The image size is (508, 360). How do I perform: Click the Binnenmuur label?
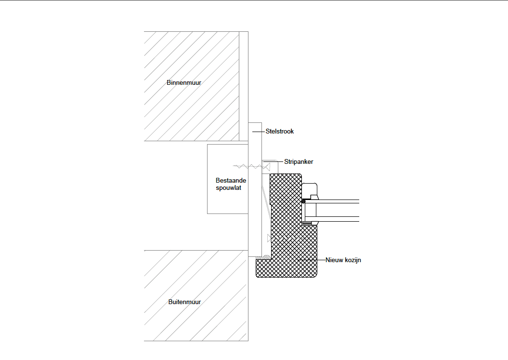pyautogui.click(x=184, y=83)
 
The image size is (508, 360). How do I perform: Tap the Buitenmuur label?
pyautogui.click(x=184, y=302)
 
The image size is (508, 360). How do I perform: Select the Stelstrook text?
pyautogui.click(x=280, y=131)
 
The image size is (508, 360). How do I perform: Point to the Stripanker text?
pyautogui.click(x=299, y=162)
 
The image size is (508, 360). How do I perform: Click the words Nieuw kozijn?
pyautogui.click(x=343, y=260)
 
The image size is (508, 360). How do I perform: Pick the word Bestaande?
pyautogui.click(x=231, y=181)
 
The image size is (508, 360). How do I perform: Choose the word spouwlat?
pyautogui.click(x=229, y=188)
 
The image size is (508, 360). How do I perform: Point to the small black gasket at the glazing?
pyautogui.click(x=304, y=200)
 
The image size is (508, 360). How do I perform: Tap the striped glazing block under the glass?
pyautogui.click(x=307, y=223)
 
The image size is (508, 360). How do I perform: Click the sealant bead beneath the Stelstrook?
pyautogui.click(x=265, y=256)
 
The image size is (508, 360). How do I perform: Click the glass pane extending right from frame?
pyautogui.click(x=337, y=211)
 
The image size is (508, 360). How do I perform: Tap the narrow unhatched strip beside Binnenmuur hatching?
pyautogui.click(x=244, y=87)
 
